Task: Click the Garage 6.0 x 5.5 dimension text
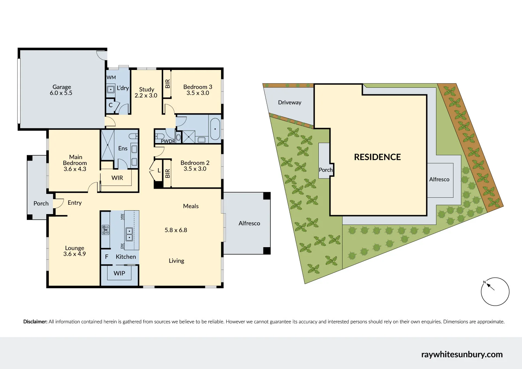tap(61, 93)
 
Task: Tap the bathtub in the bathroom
tap(215, 129)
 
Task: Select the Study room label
tap(147, 89)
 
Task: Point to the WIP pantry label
tap(119, 273)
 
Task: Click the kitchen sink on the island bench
tap(129, 234)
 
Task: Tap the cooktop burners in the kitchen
tap(105, 230)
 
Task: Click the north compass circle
tap(495, 292)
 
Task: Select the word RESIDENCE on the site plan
tap(377, 157)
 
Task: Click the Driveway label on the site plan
tap(290, 102)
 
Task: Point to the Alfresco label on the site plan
tap(439, 179)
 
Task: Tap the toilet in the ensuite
tap(133, 136)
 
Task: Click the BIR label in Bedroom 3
tap(167, 84)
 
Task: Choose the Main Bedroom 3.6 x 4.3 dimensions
tap(75, 169)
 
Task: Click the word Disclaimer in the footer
tap(35, 322)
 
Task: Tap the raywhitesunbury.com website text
tap(462, 354)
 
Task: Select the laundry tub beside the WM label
tap(111, 89)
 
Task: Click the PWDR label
tap(168, 141)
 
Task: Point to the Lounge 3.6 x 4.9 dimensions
tap(74, 254)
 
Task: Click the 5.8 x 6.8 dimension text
tap(176, 230)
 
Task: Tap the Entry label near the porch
tap(74, 203)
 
